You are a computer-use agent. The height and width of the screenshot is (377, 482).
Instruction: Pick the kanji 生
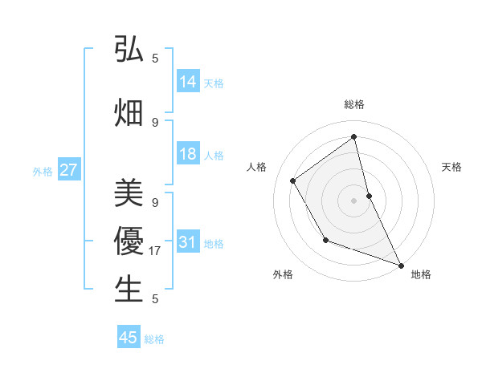(129, 289)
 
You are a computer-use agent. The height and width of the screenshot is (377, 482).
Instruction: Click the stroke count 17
(156, 251)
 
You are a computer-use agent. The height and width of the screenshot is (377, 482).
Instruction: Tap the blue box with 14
(188, 82)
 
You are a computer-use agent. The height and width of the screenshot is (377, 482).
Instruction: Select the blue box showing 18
(188, 155)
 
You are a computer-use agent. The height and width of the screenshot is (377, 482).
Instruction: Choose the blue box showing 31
(188, 243)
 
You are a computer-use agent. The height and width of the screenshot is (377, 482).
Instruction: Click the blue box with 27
(68, 170)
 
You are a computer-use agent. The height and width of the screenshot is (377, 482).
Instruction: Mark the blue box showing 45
(129, 338)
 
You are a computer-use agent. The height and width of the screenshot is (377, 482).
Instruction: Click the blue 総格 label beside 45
(154, 338)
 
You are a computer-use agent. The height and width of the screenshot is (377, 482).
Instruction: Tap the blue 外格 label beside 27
(43, 171)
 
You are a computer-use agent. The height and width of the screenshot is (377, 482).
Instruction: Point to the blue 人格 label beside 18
(214, 156)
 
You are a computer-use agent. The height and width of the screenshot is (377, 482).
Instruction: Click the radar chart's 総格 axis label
(353, 104)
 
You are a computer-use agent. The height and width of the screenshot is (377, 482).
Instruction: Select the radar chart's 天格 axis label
(451, 167)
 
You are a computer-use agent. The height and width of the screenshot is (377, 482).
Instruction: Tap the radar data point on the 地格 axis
(401, 265)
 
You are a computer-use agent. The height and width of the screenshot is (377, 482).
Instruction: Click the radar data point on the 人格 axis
(293, 180)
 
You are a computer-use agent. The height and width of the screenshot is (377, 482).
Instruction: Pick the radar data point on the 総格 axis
(353, 137)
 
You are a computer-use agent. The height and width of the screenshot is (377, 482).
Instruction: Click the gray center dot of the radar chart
(353, 200)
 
